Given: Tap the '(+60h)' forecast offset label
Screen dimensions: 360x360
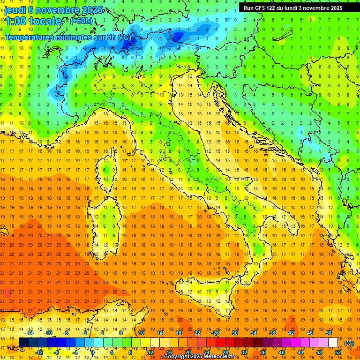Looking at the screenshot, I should (x=81, y=21).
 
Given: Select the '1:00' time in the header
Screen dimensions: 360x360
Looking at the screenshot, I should (x=16, y=21).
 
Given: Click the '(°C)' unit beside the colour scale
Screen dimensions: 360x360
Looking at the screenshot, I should (x=350, y=343).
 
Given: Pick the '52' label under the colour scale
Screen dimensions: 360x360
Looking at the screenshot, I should (x=338, y=352).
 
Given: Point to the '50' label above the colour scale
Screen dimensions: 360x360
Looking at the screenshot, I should (x=329, y=333).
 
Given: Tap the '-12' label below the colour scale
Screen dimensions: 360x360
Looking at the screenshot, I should (x=39, y=352).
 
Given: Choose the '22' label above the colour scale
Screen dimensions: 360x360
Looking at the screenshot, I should (x=197, y=333).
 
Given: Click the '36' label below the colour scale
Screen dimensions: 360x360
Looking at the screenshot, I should (x=263, y=352).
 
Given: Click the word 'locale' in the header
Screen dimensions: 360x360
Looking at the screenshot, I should (x=45, y=21).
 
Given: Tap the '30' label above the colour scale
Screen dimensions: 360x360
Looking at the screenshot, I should (x=235, y=333).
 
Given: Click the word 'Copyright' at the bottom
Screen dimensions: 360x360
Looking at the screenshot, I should (x=178, y=357).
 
